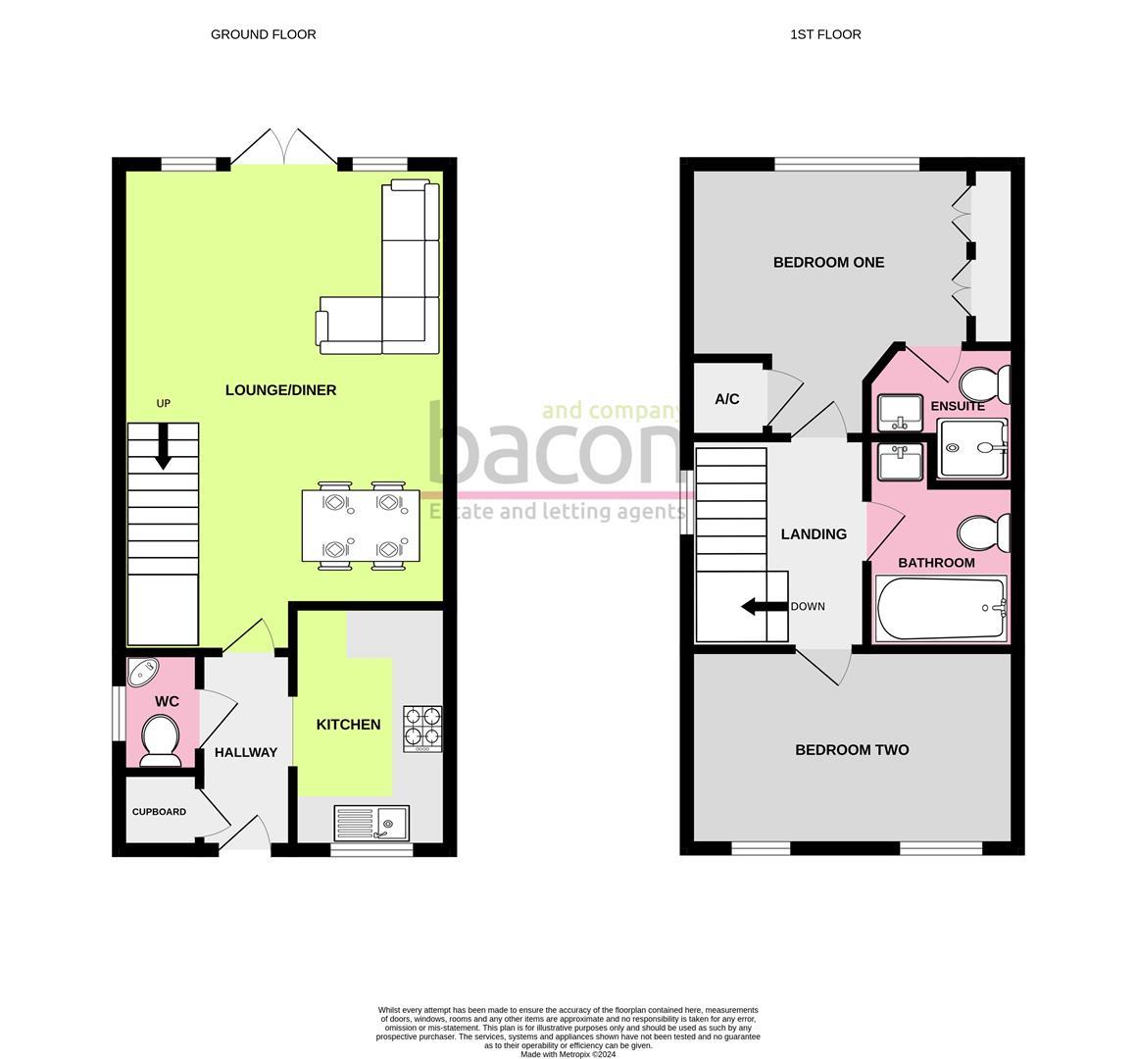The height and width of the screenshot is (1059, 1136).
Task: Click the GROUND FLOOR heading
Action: (x=263, y=34)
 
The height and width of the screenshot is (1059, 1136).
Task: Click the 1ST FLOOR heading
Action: (x=825, y=34)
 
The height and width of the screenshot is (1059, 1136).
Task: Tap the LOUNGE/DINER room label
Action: (x=280, y=390)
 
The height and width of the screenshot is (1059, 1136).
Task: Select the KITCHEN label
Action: (x=348, y=725)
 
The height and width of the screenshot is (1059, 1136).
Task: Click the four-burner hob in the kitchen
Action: (x=421, y=729)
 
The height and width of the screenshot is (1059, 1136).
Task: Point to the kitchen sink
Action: (x=371, y=822)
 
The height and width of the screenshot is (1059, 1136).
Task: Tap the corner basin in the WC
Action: (x=144, y=672)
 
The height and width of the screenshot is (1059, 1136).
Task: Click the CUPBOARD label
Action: (x=159, y=812)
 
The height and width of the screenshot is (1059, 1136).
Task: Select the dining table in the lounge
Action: (x=361, y=526)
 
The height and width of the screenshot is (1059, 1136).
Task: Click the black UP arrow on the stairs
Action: (x=163, y=446)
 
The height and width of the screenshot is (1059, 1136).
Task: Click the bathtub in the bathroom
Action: (x=940, y=608)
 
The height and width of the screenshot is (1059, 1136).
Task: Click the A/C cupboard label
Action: (x=726, y=399)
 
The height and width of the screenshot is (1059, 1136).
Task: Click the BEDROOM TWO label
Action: (x=851, y=750)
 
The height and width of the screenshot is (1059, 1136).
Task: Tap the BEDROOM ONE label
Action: (x=828, y=262)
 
